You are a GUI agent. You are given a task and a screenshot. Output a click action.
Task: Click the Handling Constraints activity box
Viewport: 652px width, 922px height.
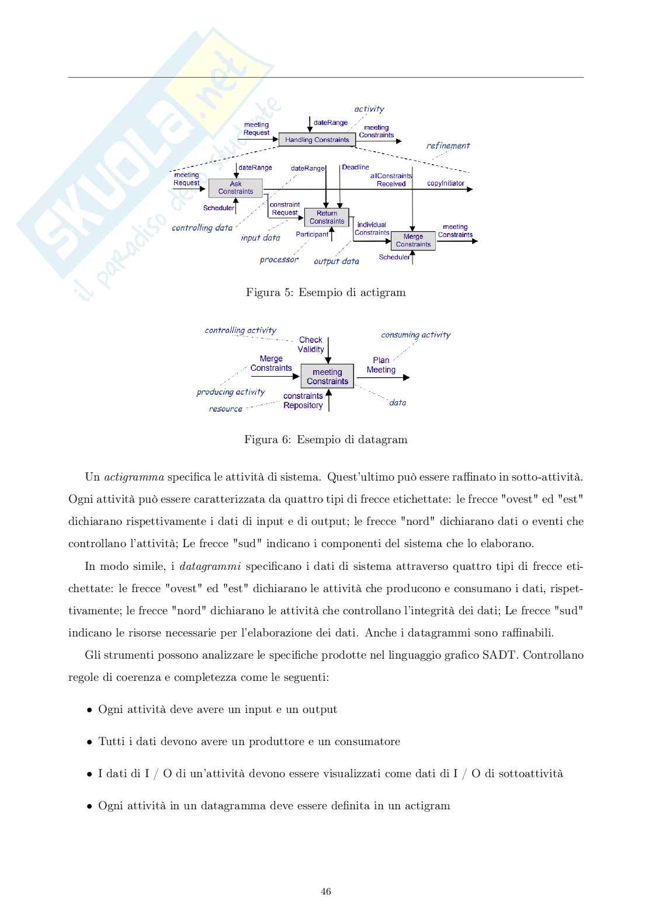(317, 140)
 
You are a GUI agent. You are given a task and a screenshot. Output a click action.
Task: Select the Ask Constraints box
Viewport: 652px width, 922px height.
(235, 187)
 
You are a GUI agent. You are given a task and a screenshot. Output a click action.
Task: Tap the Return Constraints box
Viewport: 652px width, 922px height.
(327, 217)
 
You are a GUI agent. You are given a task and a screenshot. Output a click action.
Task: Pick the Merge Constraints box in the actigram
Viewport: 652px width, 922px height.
(413, 241)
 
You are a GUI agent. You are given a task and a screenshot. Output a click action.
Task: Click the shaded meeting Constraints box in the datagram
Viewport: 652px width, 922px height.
(327, 377)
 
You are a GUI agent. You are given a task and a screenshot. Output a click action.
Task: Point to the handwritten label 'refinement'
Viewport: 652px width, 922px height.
(448, 146)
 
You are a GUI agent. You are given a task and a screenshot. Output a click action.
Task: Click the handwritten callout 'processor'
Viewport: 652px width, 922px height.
(279, 260)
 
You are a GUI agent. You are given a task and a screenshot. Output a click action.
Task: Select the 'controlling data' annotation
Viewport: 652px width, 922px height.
(202, 228)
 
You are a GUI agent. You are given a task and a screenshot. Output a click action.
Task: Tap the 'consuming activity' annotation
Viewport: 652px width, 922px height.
(415, 335)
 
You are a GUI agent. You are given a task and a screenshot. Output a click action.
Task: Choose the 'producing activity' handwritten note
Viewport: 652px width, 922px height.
(231, 392)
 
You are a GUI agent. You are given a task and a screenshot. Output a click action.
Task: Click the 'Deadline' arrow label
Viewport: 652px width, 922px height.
(355, 168)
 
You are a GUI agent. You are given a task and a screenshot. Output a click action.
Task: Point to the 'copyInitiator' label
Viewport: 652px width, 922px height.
(445, 183)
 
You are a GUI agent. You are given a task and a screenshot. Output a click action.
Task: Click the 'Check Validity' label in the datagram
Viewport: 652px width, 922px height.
(311, 345)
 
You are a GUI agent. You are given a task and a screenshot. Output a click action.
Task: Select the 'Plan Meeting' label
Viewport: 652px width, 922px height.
(381, 365)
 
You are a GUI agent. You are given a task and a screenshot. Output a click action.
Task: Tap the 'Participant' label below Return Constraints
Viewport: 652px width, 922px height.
(312, 235)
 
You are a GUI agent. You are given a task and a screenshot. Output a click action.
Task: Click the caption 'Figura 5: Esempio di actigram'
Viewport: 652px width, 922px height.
(325, 293)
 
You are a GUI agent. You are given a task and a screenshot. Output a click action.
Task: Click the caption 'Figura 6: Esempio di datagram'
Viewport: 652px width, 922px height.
(325, 440)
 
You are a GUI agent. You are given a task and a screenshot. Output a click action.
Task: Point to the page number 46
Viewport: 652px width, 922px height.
(326, 892)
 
